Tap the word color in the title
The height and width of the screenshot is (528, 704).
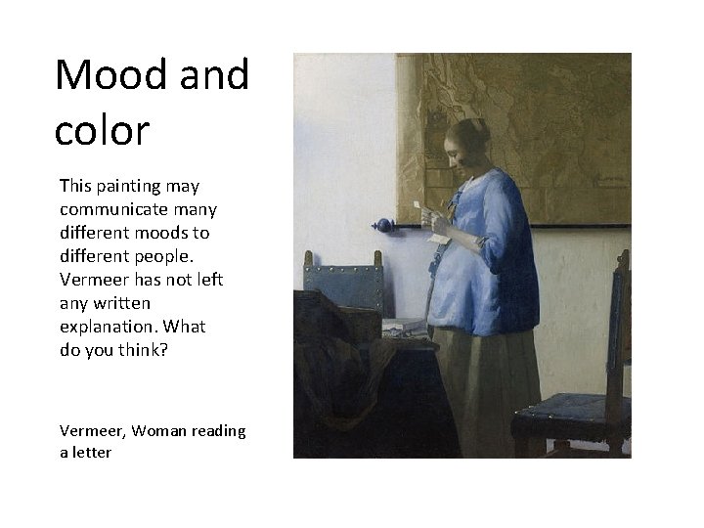[102, 130]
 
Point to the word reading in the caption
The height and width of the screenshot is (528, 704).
[219, 430]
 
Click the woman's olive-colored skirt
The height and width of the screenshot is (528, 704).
[484, 391]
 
